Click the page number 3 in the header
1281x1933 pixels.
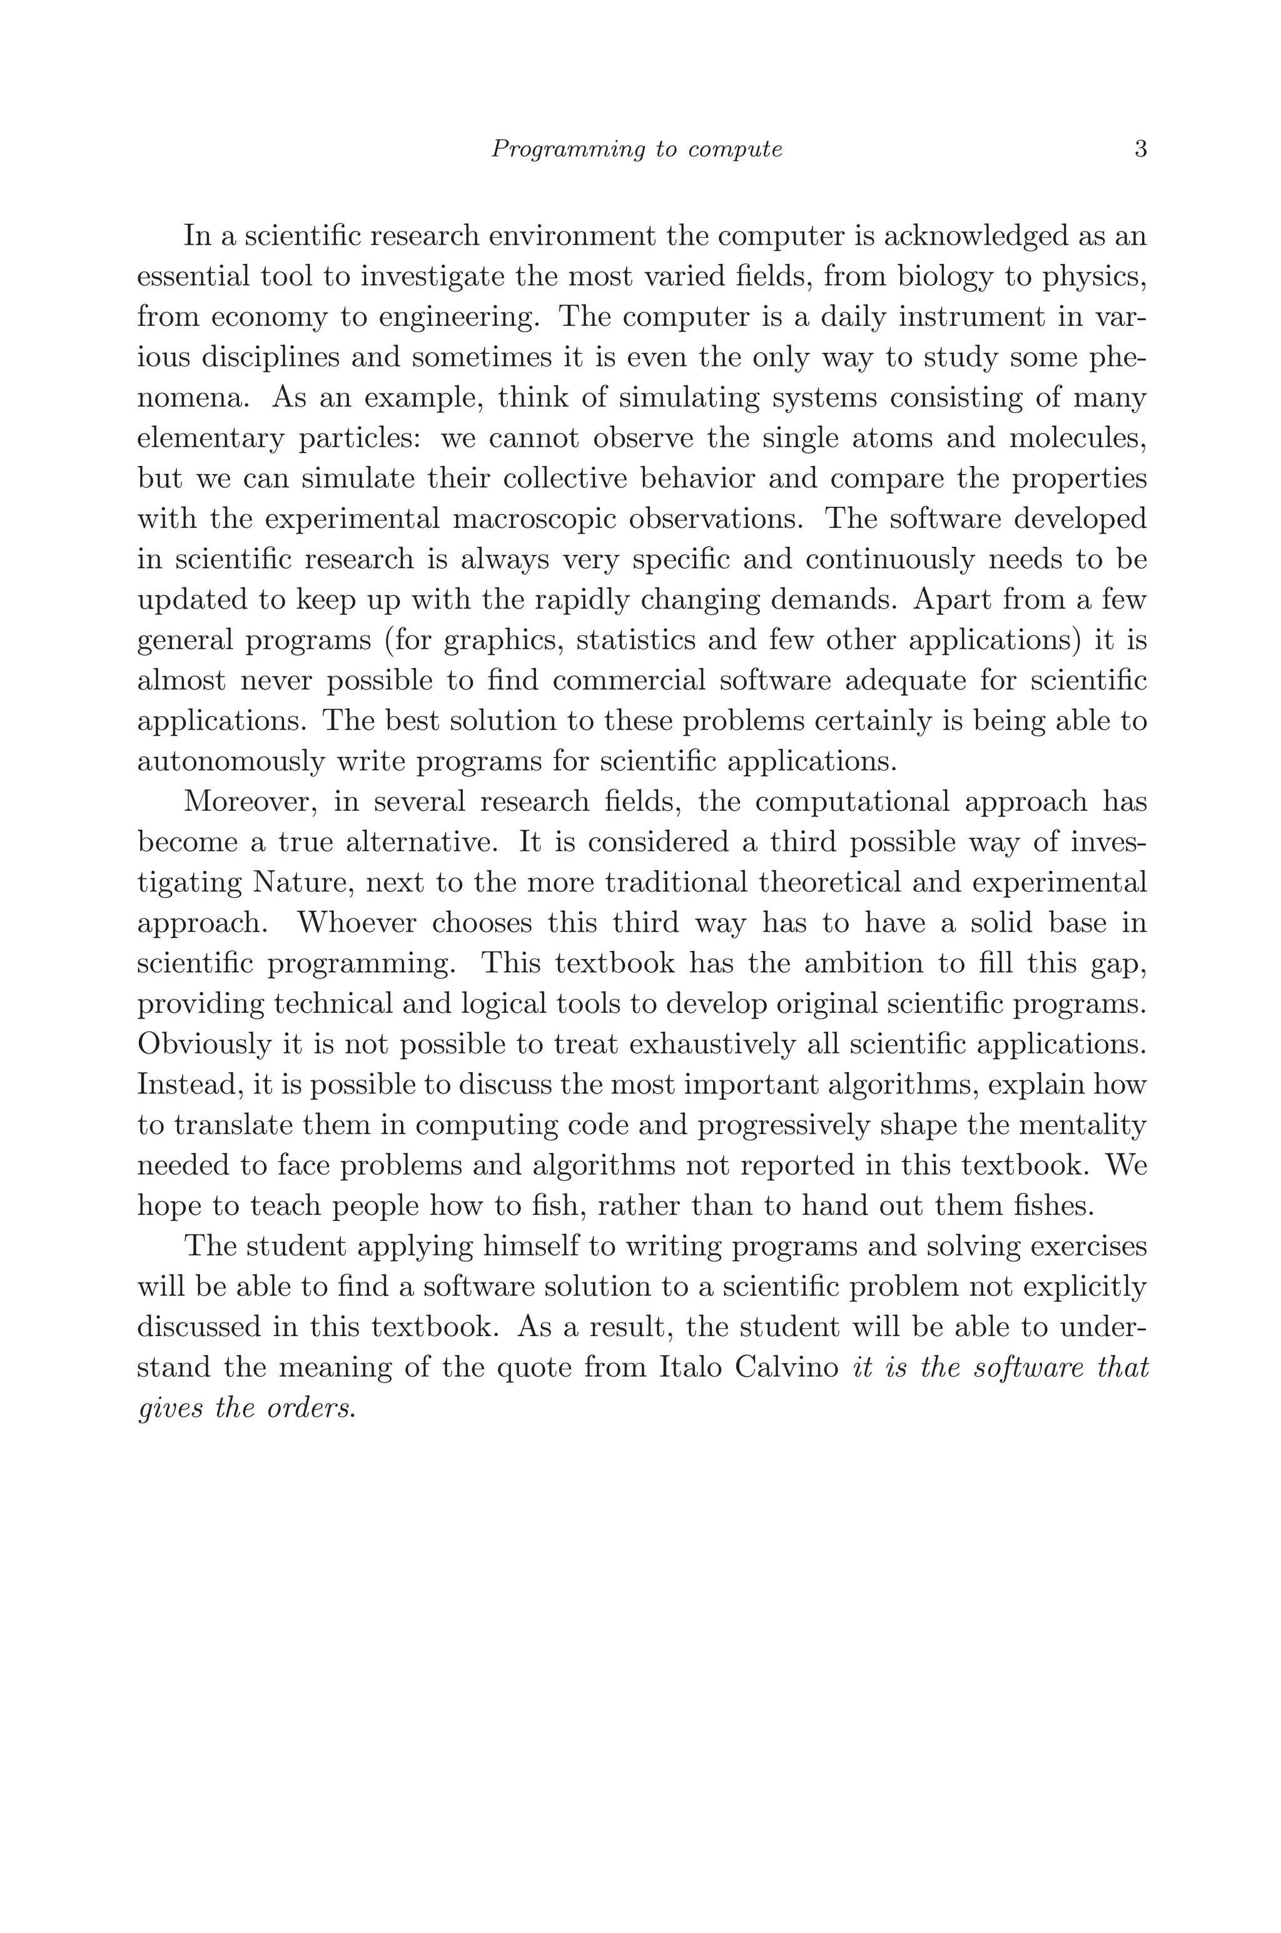click(x=1140, y=150)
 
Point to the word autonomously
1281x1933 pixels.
click(x=230, y=762)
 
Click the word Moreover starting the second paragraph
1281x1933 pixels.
click(x=250, y=801)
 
